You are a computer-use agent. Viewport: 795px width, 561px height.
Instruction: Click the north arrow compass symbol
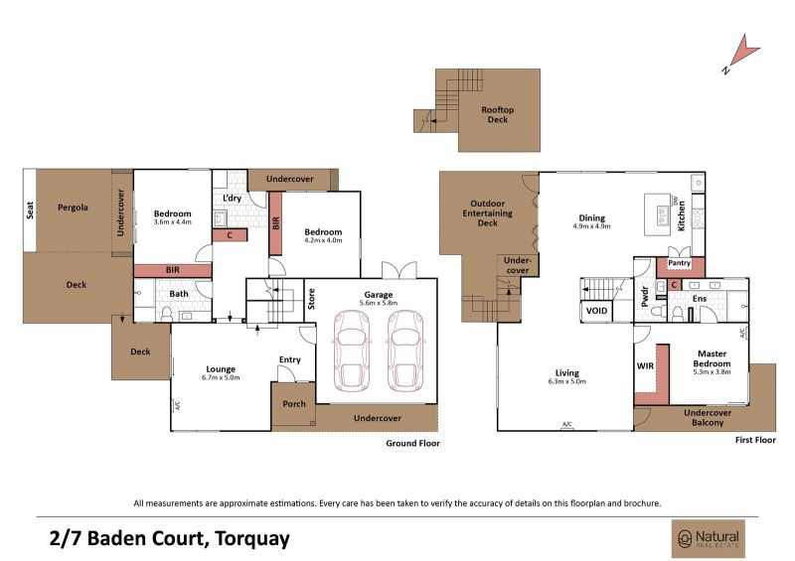[741, 54]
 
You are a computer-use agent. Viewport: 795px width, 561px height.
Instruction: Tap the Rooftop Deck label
[498, 114]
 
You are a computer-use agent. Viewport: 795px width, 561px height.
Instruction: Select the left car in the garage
[352, 351]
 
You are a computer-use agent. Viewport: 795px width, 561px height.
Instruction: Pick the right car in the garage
[405, 351]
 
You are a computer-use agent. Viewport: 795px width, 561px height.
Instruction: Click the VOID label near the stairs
[596, 311]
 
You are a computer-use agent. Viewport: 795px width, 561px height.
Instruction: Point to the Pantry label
[679, 263]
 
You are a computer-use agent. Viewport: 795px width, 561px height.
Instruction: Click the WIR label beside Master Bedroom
[645, 366]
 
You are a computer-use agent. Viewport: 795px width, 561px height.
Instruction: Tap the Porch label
[294, 404]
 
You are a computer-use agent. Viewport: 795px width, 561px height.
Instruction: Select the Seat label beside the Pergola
[30, 210]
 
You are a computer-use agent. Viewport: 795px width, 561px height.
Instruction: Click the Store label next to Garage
[311, 299]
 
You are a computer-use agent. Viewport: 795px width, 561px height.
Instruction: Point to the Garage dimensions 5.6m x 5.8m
[379, 303]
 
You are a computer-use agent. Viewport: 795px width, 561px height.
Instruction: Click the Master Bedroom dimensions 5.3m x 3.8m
[712, 371]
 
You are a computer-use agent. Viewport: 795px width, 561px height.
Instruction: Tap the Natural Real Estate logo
[709, 539]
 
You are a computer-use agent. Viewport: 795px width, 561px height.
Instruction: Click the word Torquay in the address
[252, 538]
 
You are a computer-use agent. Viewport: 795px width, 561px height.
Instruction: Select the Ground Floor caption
[412, 443]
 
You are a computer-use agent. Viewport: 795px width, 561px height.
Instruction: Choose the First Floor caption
[755, 440]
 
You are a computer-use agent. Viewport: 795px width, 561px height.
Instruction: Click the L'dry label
[233, 198]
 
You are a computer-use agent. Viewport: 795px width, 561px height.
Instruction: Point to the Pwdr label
[645, 297]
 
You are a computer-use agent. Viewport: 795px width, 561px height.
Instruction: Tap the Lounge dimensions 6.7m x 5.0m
[221, 377]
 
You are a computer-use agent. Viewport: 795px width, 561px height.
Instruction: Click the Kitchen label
[682, 215]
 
